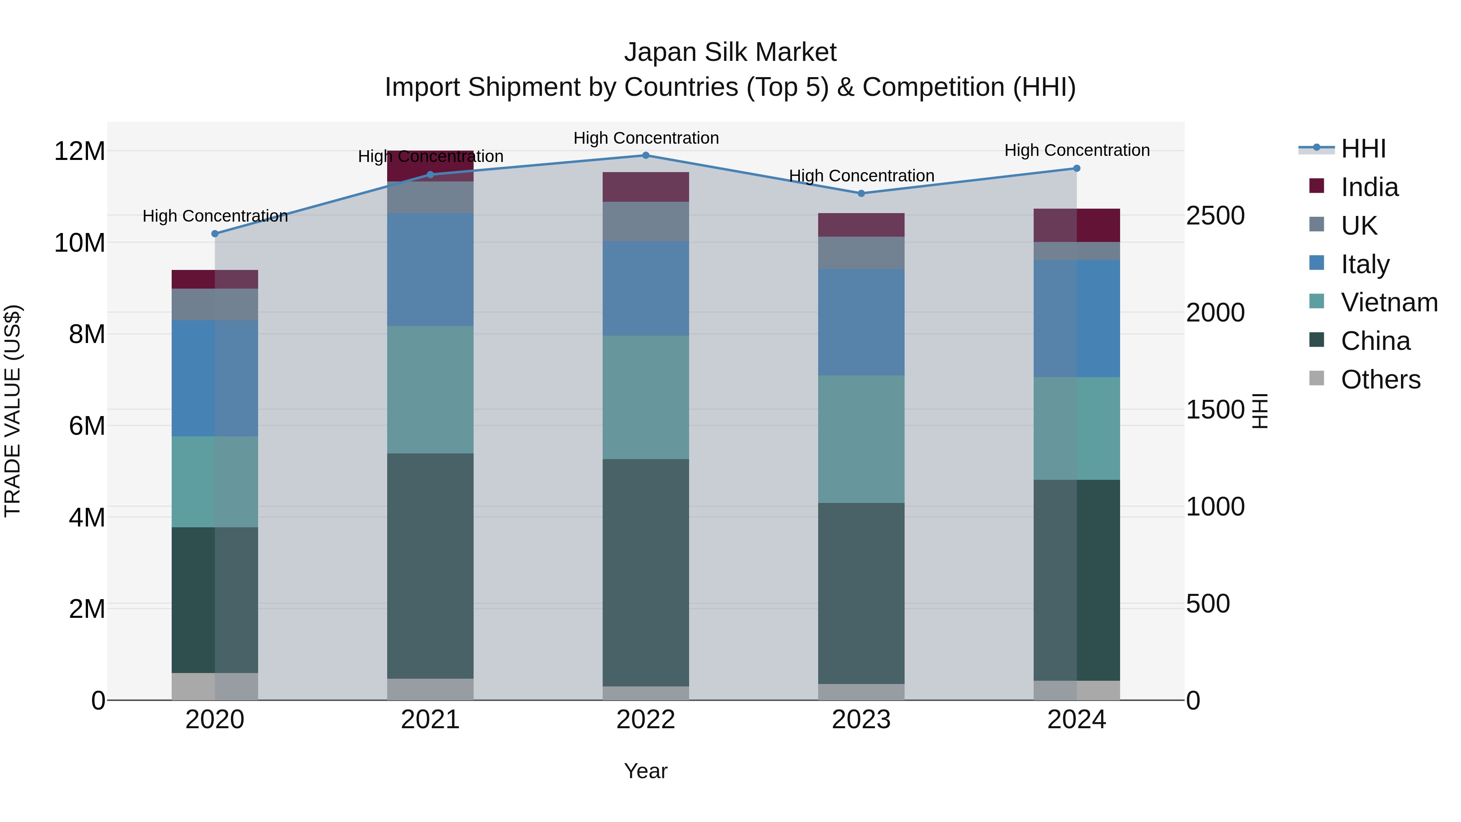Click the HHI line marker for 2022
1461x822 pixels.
tap(645, 155)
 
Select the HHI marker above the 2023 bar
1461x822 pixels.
tap(861, 194)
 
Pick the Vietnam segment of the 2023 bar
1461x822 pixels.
tap(861, 439)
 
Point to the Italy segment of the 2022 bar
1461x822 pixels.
tap(645, 288)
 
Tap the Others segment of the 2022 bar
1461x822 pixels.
tap(645, 693)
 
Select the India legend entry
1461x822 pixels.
tap(1369, 187)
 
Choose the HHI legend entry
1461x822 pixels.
tap(1363, 149)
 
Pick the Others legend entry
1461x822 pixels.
tap(1380, 380)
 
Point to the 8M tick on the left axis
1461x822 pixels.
tap(87, 334)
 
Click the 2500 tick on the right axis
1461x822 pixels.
tap(1215, 216)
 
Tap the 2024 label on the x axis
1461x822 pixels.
tap(1076, 720)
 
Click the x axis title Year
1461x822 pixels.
tap(645, 771)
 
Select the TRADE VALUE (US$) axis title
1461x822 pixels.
tap(13, 411)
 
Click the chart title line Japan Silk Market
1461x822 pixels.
tap(730, 52)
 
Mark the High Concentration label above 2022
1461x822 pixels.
tap(645, 138)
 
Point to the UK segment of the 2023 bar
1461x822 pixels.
tap(861, 252)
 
